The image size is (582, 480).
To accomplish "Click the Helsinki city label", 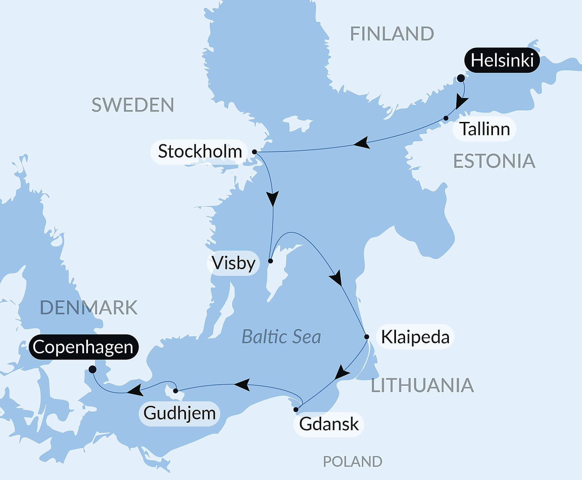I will (x=502, y=61).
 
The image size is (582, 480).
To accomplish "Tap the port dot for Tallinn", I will (x=446, y=118).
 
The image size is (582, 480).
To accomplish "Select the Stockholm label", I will (x=200, y=151).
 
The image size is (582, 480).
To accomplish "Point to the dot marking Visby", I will (x=270, y=261).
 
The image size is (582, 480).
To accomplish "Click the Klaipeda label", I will (x=415, y=337).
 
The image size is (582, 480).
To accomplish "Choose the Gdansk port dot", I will (x=296, y=410).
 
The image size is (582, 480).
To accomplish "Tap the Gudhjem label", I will (x=179, y=413).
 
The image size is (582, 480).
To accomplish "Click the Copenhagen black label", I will (x=83, y=347).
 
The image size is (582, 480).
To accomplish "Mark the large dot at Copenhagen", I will (x=92, y=370).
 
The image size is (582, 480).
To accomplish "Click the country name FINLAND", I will (x=392, y=34).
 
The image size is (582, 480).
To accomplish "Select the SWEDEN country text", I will (x=133, y=105).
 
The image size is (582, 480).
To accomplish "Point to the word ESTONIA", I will (x=494, y=161).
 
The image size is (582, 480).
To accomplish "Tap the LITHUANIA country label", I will (x=422, y=385).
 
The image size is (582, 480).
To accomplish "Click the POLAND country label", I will (x=353, y=461).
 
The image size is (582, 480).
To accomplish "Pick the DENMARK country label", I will (x=89, y=308).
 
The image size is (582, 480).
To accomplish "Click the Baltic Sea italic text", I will (x=281, y=337).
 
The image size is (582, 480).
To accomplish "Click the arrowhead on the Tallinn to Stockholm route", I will (x=362, y=143).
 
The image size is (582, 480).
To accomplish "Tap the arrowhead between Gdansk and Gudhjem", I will (x=243, y=384).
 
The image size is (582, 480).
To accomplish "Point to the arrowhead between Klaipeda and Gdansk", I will (x=342, y=373).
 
